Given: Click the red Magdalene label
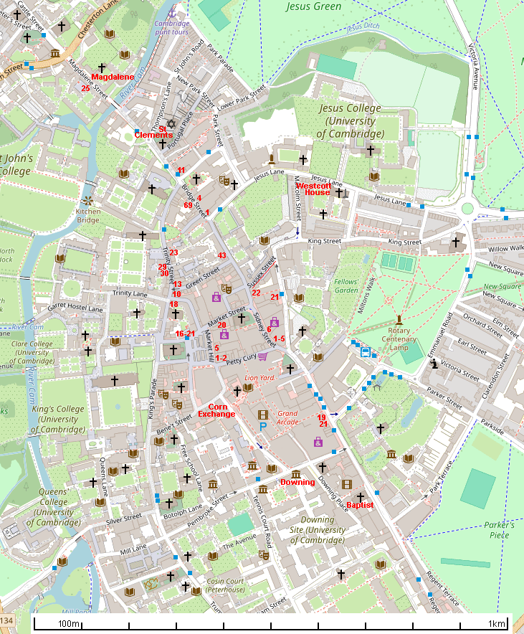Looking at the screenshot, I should tap(113, 77).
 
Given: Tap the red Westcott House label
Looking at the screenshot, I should tap(313, 189).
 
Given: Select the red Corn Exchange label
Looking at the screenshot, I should tap(216, 410).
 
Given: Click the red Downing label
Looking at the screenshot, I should tap(297, 482).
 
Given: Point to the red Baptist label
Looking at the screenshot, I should tap(360, 505).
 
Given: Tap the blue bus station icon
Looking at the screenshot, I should tap(366, 352).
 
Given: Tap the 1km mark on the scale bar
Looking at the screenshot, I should tap(497, 624).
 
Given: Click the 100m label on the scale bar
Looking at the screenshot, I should tap(70, 624).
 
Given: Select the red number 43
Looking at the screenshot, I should tap(222, 255).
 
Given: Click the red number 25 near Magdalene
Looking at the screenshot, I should tap(85, 88).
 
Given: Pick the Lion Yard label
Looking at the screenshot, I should tap(259, 377).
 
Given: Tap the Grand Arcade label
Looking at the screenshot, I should tap(287, 417).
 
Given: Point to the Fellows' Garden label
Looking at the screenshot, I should tap(346, 285).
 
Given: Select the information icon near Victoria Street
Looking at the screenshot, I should tap(434, 364).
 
